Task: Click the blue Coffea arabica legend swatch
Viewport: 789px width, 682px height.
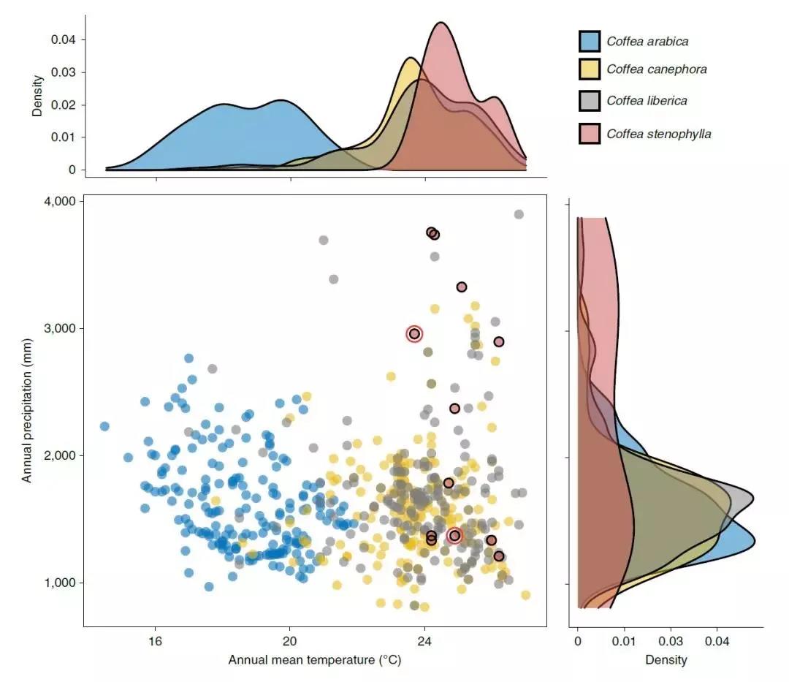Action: (x=590, y=41)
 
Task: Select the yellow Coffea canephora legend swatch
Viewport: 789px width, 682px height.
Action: (x=590, y=69)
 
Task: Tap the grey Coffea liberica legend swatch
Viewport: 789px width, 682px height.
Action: (x=590, y=100)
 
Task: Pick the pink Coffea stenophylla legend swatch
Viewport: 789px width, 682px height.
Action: (x=590, y=133)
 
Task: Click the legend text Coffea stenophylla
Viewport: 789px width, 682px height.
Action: (x=658, y=134)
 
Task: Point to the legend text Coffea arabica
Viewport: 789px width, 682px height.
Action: (x=647, y=42)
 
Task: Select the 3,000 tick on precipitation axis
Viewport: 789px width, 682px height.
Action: (x=57, y=328)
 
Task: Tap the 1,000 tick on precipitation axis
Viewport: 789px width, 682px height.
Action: (x=57, y=583)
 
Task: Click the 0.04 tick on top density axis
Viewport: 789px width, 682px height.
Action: (x=63, y=39)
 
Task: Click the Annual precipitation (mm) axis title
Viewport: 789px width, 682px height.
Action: (x=27, y=409)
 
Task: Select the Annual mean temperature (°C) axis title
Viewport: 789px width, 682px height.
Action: (x=315, y=660)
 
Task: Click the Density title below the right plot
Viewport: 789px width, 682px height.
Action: (x=666, y=660)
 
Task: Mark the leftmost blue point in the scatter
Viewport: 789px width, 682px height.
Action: (x=104, y=426)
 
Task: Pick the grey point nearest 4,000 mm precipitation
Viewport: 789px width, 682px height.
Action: (x=519, y=214)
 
